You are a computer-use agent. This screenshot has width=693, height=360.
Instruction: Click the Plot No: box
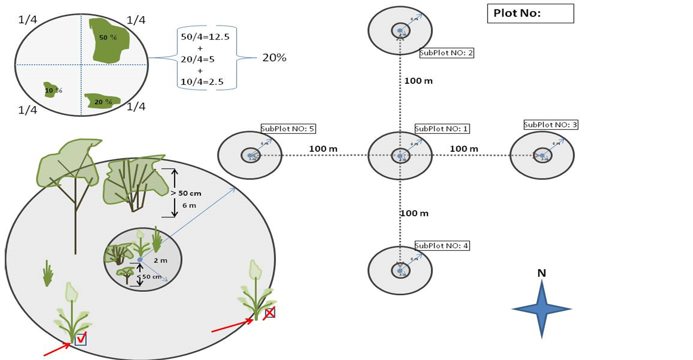click(x=530, y=13)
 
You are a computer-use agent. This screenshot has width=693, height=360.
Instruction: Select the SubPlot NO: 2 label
click(x=447, y=53)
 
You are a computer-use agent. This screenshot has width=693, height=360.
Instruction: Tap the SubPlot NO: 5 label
click(x=288, y=129)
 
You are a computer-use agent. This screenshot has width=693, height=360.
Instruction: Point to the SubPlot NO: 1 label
click(x=442, y=129)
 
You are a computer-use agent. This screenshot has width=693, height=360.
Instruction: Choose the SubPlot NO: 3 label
click(x=551, y=125)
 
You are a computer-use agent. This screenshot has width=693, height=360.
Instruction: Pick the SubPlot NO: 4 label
click(x=442, y=246)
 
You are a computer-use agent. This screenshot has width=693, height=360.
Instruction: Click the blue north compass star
click(x=542, y=309)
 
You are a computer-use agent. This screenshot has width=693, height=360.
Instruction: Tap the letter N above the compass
click(x=542, y=273)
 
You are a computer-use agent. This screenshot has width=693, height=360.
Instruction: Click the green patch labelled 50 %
click(x=109, y=38)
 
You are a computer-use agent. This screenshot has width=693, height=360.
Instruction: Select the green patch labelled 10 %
click(x=51, y=90)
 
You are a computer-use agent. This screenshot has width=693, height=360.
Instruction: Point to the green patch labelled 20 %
click(x=102, y=101)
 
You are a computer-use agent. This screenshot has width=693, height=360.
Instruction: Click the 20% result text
click(x=274, y=58)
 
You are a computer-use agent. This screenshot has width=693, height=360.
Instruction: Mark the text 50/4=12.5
click(x=205, y=37)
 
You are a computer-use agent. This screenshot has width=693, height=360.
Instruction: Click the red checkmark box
click(x=81, y=339)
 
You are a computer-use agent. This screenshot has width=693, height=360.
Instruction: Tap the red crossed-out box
click(x=270, y=313)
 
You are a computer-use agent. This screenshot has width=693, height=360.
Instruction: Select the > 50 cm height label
click(x=186, y=193)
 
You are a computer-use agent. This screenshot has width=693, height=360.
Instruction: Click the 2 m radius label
click(x=160, y=261)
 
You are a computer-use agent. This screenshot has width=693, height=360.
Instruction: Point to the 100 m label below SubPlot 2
click(x=418, y=81)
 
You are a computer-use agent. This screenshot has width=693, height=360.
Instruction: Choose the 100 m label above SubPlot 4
click(x=414, y=213)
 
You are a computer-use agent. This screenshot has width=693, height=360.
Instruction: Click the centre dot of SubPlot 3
click(x=542, y=156)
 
